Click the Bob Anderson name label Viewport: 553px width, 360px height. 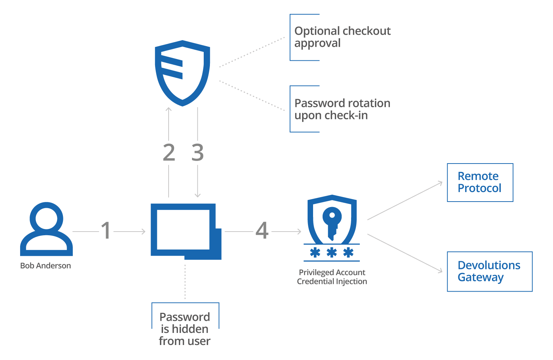[45, 266]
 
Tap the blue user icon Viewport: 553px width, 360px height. [46, 229]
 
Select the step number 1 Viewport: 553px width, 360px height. [106, 231]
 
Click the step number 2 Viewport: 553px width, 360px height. [169, 153]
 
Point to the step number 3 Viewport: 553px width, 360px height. [197, 153]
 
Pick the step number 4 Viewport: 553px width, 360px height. [262, 231]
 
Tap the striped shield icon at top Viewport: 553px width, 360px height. [183, 73]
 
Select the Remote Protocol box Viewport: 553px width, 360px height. [480, 183]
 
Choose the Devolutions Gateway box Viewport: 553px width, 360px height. [489, 271]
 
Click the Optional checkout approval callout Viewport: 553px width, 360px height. [342, 37]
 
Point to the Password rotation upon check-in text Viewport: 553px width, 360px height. [342, 109]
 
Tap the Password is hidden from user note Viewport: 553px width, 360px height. [185, 329]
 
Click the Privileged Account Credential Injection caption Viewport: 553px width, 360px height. [332, 277]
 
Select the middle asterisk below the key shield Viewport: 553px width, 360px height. [332, 252]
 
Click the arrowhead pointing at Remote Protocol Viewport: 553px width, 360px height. [441, 183]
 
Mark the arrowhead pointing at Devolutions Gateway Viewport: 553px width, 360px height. [440, 271]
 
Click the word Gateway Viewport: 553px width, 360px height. [481, 278]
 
